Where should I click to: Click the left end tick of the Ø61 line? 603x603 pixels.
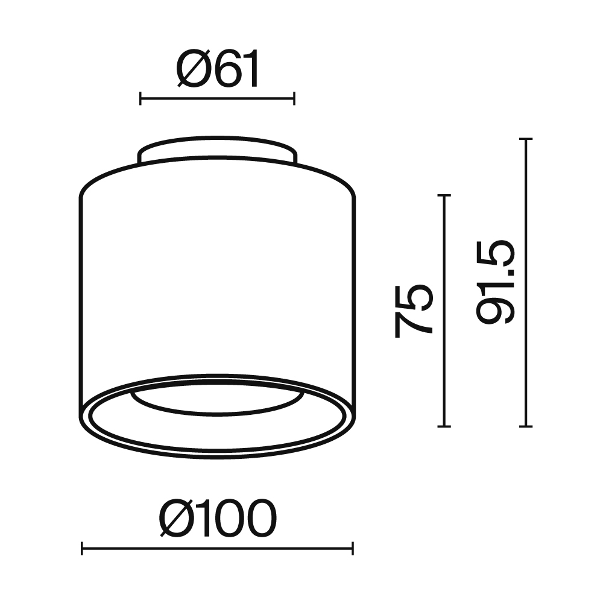(140, 98)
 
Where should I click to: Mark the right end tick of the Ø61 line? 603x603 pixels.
(294, 98)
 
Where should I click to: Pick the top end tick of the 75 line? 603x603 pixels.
(444, 195)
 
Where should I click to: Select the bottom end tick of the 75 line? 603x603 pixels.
(444, 426)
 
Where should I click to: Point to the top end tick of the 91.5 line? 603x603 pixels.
(526, 139)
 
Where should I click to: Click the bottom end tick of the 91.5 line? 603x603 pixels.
(526, 426)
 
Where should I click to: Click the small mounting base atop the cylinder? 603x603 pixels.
(217, 150)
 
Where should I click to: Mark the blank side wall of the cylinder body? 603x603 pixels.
(217, 271)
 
